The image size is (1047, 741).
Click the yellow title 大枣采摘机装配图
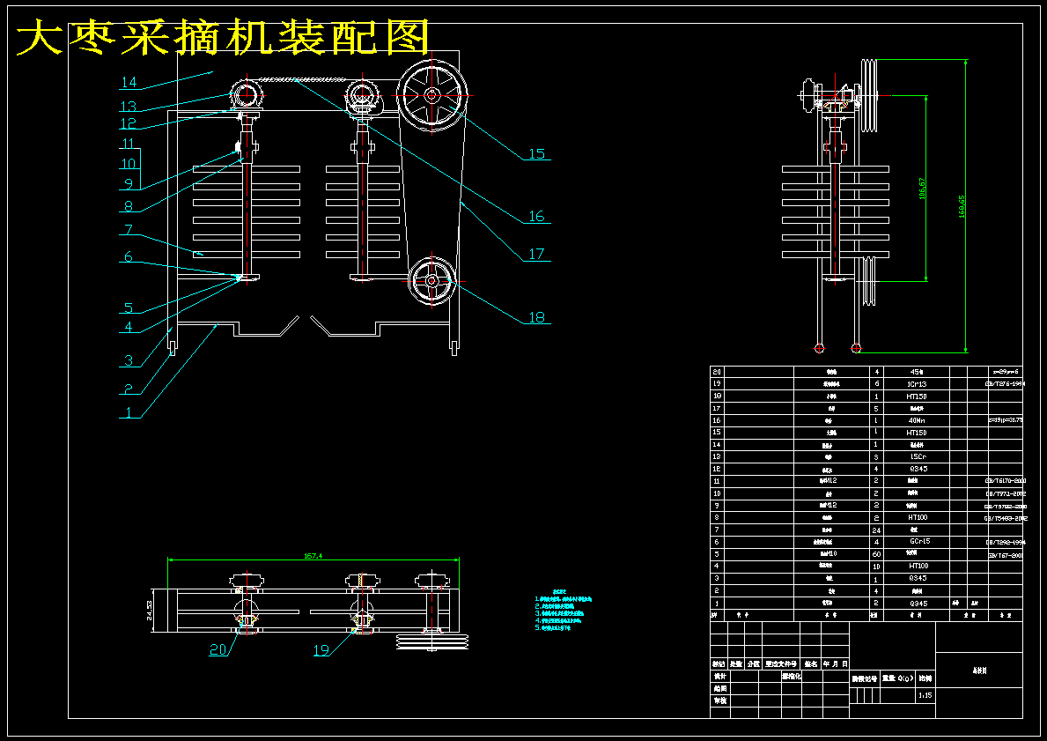(224, 39)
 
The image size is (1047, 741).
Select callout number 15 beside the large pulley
(536, 154)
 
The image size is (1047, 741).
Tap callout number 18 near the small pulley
(536, 317)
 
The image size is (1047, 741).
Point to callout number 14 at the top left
(129, 83)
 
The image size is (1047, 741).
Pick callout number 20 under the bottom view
(218, 650)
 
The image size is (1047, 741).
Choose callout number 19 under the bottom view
(321, 650)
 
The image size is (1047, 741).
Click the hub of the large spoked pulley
(431, 94)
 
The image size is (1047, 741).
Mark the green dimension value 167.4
(313, 556)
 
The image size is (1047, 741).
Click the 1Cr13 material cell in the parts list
(916, 384)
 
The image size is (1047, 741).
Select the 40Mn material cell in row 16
(916, 420)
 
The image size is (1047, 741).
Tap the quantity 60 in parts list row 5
(876, 553)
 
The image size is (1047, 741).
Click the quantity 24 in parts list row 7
(876, 530)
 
